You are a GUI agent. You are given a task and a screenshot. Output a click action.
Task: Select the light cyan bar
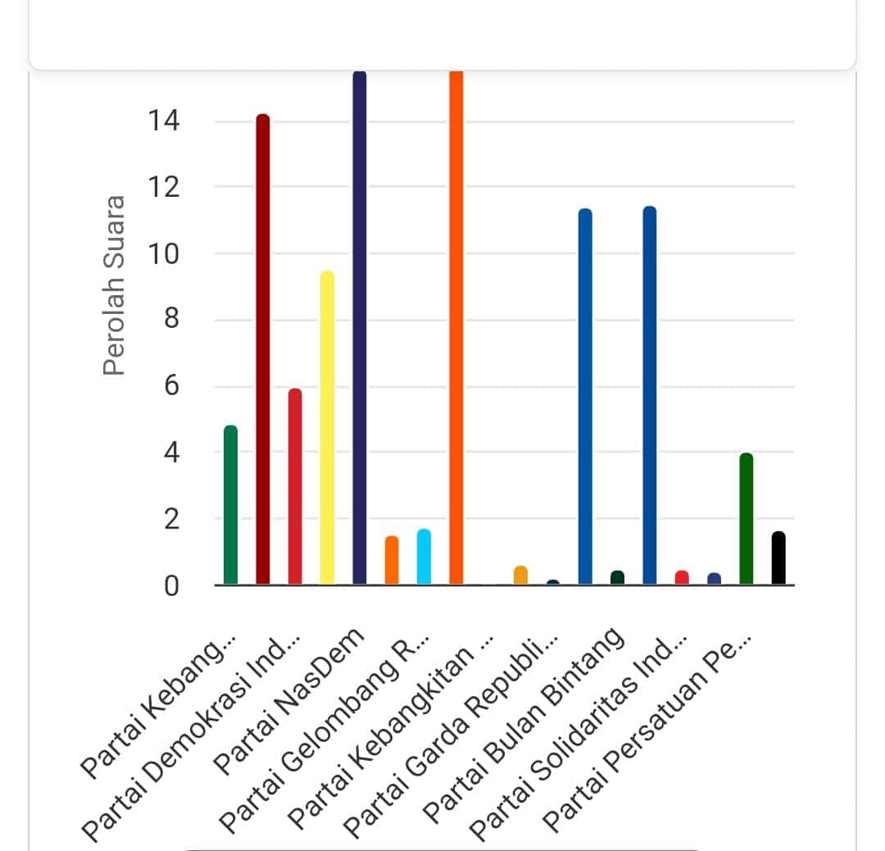tap(424, 557)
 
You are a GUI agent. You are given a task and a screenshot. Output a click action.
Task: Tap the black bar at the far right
tap(778, 559)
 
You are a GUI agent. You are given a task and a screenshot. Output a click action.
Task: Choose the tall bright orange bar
tap(456, 328)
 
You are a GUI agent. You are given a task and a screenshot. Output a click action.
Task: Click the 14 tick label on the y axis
tap(164, 121)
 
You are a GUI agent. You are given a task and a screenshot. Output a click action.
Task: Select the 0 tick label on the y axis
tap(170, 585)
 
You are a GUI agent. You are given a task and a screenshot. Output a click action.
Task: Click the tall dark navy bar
tap(359, 328)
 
